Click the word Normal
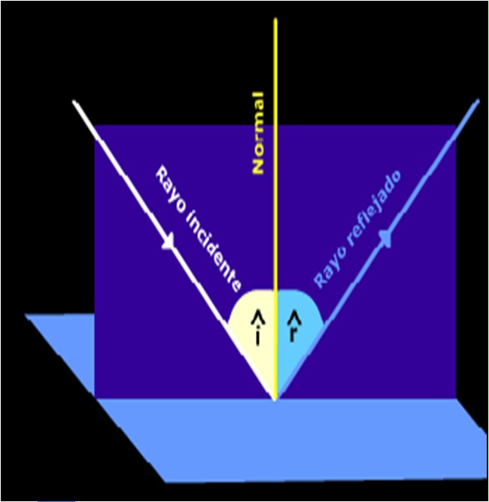(258, 132)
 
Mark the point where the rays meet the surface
(276, 399)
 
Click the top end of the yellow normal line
(276, 19)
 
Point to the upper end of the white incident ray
(74, 102)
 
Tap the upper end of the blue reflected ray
(478, 100)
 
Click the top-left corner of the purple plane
(95, 126)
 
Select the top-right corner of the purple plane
(456, 126)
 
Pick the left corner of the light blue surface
(27, 315)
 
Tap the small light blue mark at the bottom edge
(56, 499)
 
